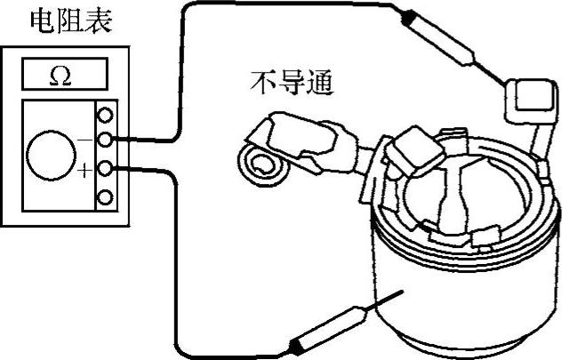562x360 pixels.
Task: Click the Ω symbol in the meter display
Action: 60,77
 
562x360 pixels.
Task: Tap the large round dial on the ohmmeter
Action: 50,156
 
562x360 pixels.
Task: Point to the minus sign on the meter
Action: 85,140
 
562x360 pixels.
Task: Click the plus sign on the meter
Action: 85,171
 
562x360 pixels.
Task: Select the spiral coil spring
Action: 261,164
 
